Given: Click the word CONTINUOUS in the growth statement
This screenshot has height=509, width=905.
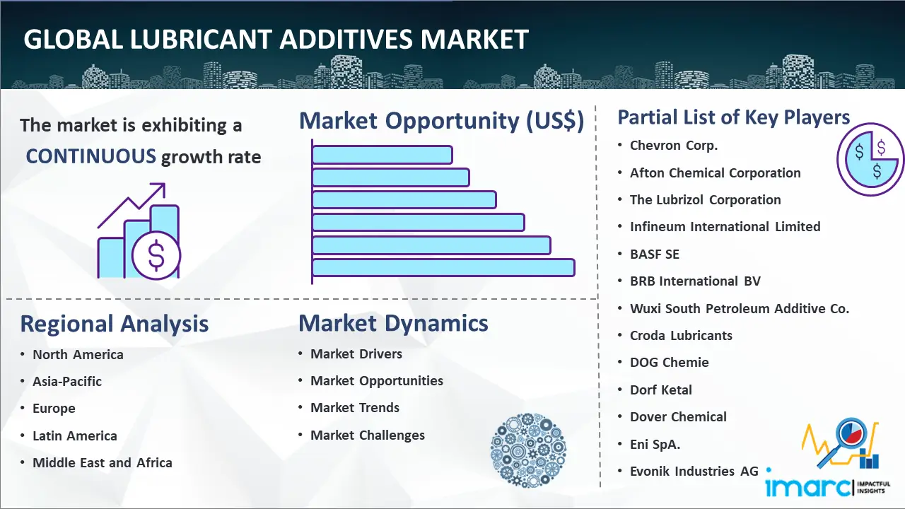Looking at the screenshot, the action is click(90, 156).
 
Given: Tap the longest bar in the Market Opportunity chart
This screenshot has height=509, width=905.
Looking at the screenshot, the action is click(443, 268).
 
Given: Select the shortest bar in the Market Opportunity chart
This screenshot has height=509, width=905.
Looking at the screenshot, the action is click(382, 155).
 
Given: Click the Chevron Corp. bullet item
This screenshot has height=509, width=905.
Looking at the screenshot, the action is click(674, 146).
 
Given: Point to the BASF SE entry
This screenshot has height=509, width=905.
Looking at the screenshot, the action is click(655, 254).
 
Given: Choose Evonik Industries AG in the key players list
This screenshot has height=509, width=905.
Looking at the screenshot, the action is click(694, 471).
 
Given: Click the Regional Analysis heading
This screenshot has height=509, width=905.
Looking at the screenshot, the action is click(115, 324).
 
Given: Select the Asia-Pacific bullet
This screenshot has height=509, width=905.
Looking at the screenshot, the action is click(67, 381).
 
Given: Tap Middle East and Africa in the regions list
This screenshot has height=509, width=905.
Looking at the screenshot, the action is click(103, 462).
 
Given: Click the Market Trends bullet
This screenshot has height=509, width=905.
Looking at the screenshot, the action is click(355, 408).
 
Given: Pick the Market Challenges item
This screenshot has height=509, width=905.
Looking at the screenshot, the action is click(368, 435).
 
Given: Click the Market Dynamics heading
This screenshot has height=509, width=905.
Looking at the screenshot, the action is click(393, 323).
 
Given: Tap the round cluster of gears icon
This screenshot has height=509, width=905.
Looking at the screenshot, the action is click(528, 450).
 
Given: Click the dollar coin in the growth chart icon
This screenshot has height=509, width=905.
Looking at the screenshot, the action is click(156, 256).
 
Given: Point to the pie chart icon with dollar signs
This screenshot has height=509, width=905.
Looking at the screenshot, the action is click(870, 160).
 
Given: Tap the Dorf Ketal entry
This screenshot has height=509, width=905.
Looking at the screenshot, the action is click(661, 390).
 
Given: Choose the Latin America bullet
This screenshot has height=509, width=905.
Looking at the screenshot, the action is click(75, 436).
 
